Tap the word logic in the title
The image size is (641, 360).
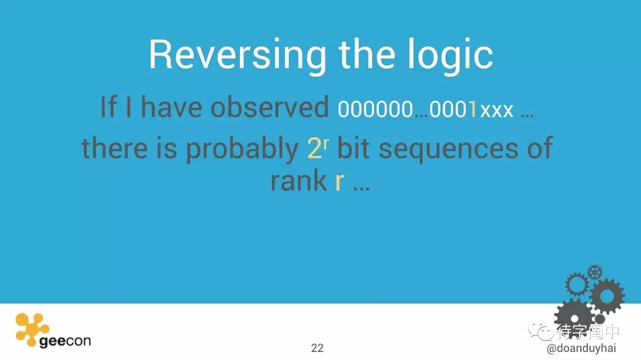point(450,56)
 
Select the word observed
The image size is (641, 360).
point(269,107)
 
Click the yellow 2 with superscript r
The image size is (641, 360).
point(318,148)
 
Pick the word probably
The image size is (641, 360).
point(242,150)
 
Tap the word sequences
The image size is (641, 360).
point(448,150)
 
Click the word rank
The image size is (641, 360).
point(299,181)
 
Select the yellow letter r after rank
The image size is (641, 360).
point(340,183)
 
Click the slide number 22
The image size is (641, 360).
point(317,348)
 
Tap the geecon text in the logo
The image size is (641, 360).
point(65,341)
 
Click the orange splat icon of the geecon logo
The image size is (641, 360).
point(32,329)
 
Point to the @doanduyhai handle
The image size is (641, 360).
point(581,348)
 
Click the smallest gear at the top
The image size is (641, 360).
point(595,272)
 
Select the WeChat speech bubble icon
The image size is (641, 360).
point(541,331)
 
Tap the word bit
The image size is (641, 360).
point(354,148)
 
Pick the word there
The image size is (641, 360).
point(115,148)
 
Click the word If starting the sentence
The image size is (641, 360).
point(109,107)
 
